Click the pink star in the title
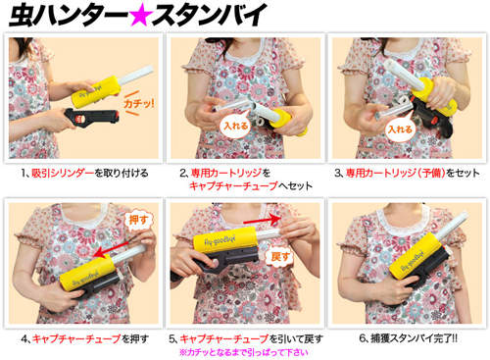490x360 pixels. pos(141,16)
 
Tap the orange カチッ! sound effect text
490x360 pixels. pos(138,104)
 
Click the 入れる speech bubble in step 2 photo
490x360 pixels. pos(236,126)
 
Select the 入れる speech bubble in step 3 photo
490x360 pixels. pos(400,129)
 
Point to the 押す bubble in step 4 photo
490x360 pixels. pos(138,220)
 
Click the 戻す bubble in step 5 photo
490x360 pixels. pos(280,257)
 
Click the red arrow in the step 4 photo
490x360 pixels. pos(111,249)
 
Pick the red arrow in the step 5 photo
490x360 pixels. pos(262,220)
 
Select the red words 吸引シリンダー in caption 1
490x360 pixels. pos(63,173)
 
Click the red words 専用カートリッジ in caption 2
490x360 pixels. pos(226,173)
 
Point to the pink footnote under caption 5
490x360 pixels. pos(244,352)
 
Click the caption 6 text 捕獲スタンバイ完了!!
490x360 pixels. pos(414,338)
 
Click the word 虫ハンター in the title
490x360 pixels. pos(69,15)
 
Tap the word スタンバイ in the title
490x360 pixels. pos(209,15)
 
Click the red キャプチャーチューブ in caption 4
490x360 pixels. pos(76,338)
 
